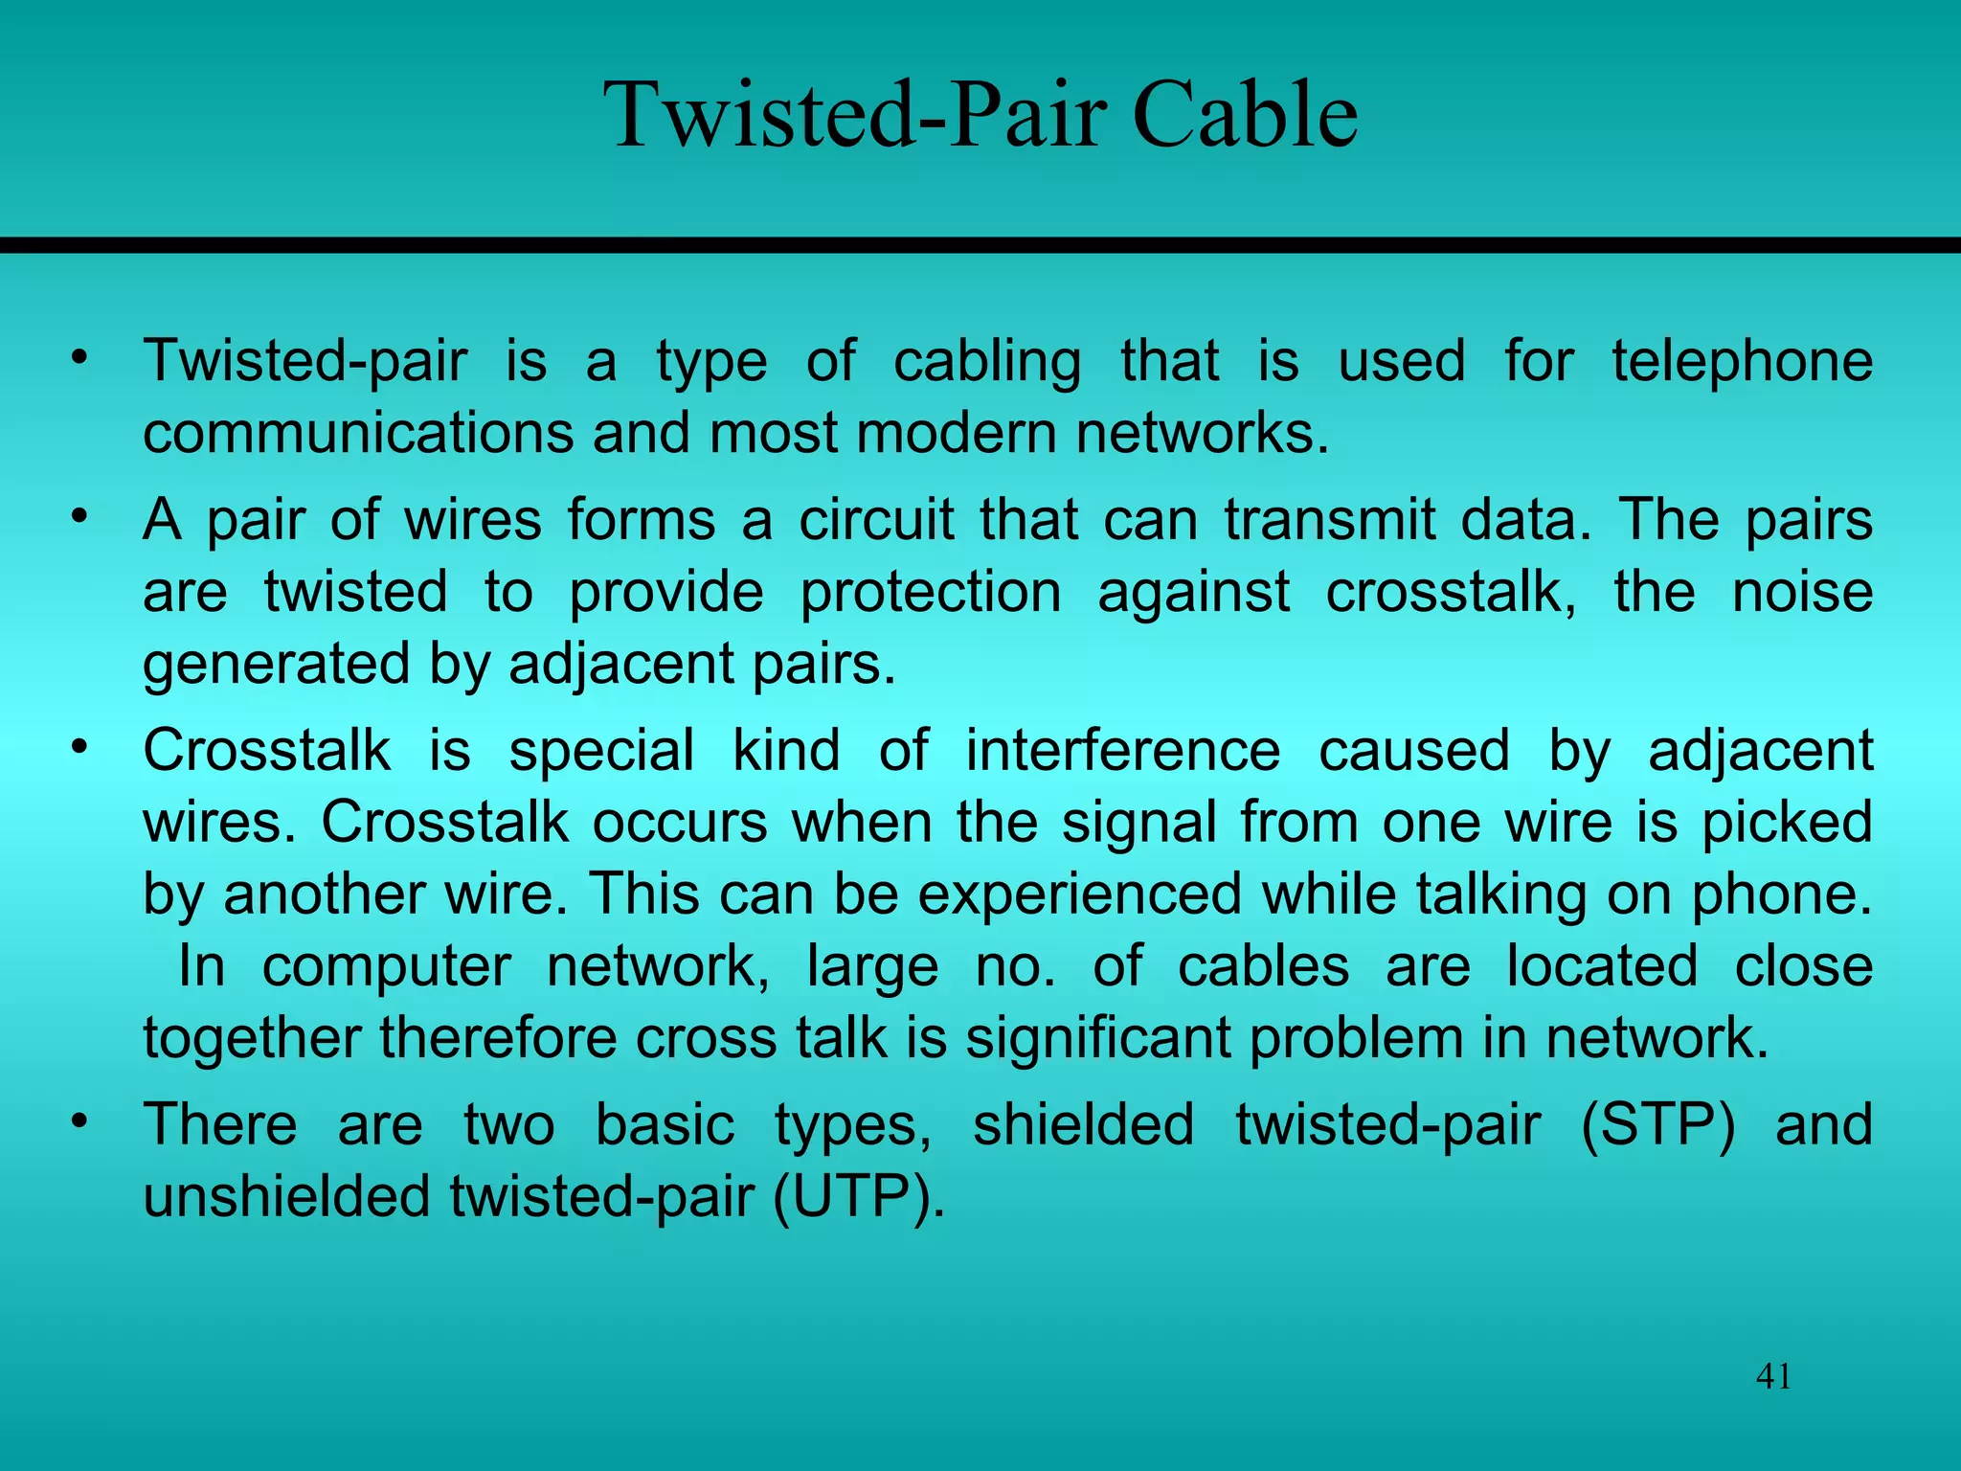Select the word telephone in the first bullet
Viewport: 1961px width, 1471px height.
1742,361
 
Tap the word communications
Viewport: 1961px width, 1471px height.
358,433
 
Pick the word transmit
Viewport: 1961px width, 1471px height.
1330,520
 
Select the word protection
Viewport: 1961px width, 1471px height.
930,592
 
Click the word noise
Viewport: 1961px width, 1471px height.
1802,592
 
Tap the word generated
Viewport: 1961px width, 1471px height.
277,665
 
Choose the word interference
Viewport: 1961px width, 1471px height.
1122,750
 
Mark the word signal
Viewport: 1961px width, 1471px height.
1139,822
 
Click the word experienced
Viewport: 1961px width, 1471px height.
1079,894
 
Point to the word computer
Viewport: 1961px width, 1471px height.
386,966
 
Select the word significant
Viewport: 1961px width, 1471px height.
1097,1039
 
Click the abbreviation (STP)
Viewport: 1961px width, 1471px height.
1657,1124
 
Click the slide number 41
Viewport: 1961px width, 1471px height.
1773,1377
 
